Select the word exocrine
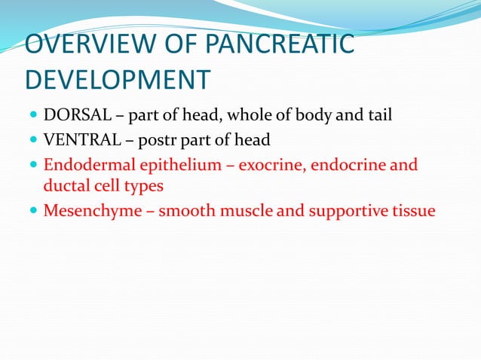pyautogui.click(x=270, y=165)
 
